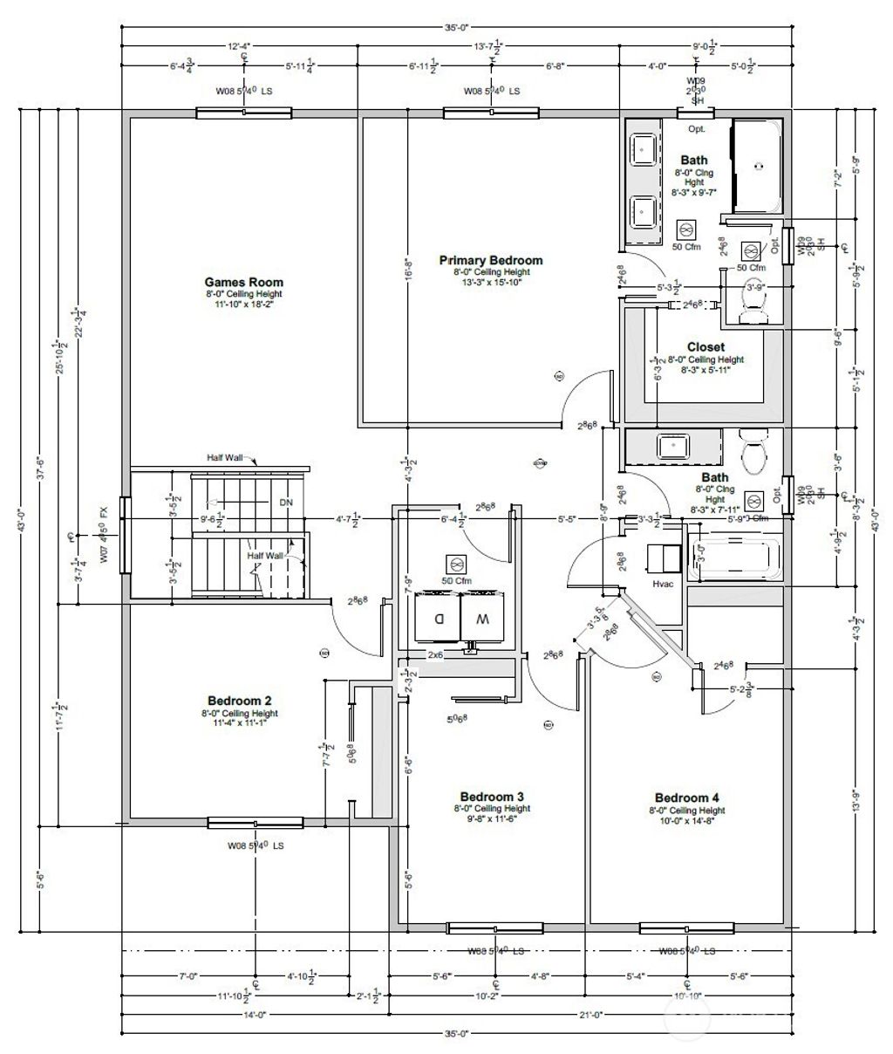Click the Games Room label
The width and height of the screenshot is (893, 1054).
(x=243, y=282)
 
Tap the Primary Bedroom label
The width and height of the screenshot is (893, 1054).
(x=490, y=260)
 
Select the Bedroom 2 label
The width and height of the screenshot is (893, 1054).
(x=239, y=700)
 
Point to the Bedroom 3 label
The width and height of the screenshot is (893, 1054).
(x=491, y=797)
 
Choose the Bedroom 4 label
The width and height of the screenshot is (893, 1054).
(x=686, y=797)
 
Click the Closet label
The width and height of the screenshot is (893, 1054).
(x=706, y=346)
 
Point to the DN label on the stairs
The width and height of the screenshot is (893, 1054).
(x=286, y=503)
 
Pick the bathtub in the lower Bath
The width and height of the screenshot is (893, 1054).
(x=733, y=559)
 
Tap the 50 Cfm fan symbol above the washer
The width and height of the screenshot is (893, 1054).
(x=453, y=564)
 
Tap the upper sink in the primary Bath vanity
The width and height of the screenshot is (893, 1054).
(x=644, y=148)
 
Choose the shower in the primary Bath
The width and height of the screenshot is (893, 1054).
(x=756, y=166)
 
